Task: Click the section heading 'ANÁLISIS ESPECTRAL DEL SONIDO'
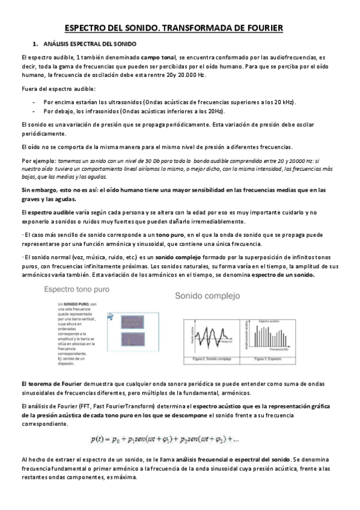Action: click(90, 45)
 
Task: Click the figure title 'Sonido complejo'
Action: click(207, 296)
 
